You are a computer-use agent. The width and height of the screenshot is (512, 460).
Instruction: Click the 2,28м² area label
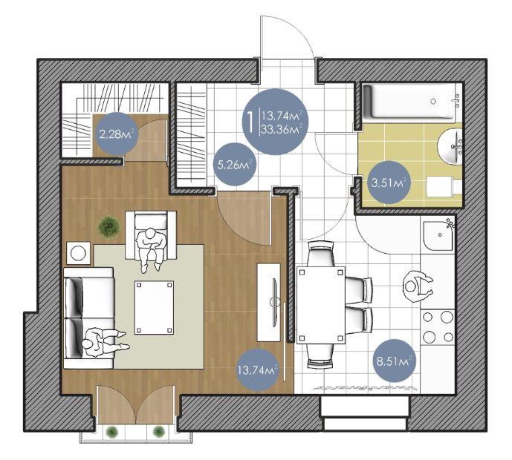point(116,134)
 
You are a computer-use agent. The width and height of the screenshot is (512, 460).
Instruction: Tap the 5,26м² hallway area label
point(235,164)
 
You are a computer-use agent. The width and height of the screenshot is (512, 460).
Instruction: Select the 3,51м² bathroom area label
point(389,183)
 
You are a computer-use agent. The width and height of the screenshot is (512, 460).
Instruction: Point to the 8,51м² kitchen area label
point(394,361)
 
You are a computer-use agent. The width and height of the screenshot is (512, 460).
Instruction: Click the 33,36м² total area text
point(281,129)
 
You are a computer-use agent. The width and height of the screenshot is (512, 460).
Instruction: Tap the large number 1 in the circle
point(250,122)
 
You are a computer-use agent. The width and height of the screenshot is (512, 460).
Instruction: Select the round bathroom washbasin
point(450,146)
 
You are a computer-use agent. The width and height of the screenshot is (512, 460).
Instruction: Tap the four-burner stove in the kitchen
point(438,326)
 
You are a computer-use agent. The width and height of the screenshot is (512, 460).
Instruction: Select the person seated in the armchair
point(151,248)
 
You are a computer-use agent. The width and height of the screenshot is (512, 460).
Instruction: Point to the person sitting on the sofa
point(102,342)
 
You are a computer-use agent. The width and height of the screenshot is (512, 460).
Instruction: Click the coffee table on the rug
point(154,307)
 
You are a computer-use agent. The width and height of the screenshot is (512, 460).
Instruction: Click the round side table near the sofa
point(78,253)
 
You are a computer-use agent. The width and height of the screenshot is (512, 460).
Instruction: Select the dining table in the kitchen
point(321,305)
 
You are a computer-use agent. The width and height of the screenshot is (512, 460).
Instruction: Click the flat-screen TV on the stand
point(274,302)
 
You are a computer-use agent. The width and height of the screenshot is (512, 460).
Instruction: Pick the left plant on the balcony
point(112,432)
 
